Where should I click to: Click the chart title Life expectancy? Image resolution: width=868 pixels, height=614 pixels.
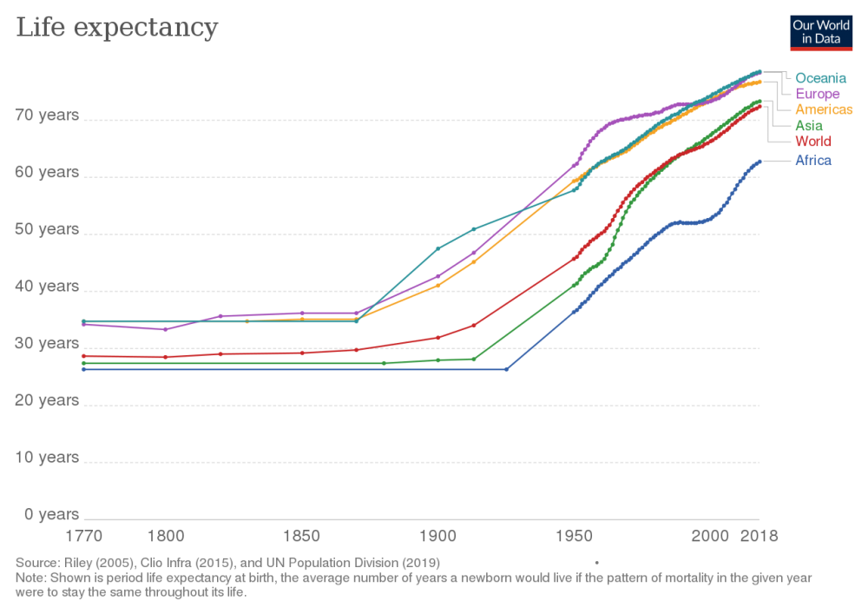pyautogui.click(x=116, y=28)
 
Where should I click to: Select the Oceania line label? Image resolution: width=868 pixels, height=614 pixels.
pyautogui.click(x=820, y=78)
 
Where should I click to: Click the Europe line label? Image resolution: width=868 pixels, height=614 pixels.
pyautogui.click(x=817, y=94)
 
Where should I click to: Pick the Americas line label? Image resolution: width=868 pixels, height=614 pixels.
pyautogui.click(x=824, y=109)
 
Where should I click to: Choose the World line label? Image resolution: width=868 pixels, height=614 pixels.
pyautogui.click(x=813, y=141)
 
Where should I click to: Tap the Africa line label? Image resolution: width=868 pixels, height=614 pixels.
pyautogui.click(x=813, y=161)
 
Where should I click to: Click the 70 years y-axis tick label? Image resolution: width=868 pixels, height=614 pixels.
pyautogui.click(x=47, y=116)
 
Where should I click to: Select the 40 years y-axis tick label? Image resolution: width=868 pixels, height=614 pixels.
pyautogui.click(x=47, y=287)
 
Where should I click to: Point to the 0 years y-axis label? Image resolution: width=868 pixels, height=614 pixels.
pyautogui.click(x=50, y=514)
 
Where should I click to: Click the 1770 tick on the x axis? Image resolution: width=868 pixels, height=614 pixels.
pyautogui.click(x=84, y=536)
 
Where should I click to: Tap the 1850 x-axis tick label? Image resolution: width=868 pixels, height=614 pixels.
pyautogui.click(x=302, y=536)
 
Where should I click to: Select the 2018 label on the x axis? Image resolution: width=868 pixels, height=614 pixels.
pyautogui.click(x=759, y=536)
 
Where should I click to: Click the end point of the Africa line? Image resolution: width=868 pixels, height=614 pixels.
pyautogui.click(x=760, y=161)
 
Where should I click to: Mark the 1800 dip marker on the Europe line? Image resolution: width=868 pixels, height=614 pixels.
pyautogui.click(x=166, y=330)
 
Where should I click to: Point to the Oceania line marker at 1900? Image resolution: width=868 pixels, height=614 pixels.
pyautogui.click(x=438, y=248)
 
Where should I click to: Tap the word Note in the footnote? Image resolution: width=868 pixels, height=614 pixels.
pyautogui.click(x=30, y=577)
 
